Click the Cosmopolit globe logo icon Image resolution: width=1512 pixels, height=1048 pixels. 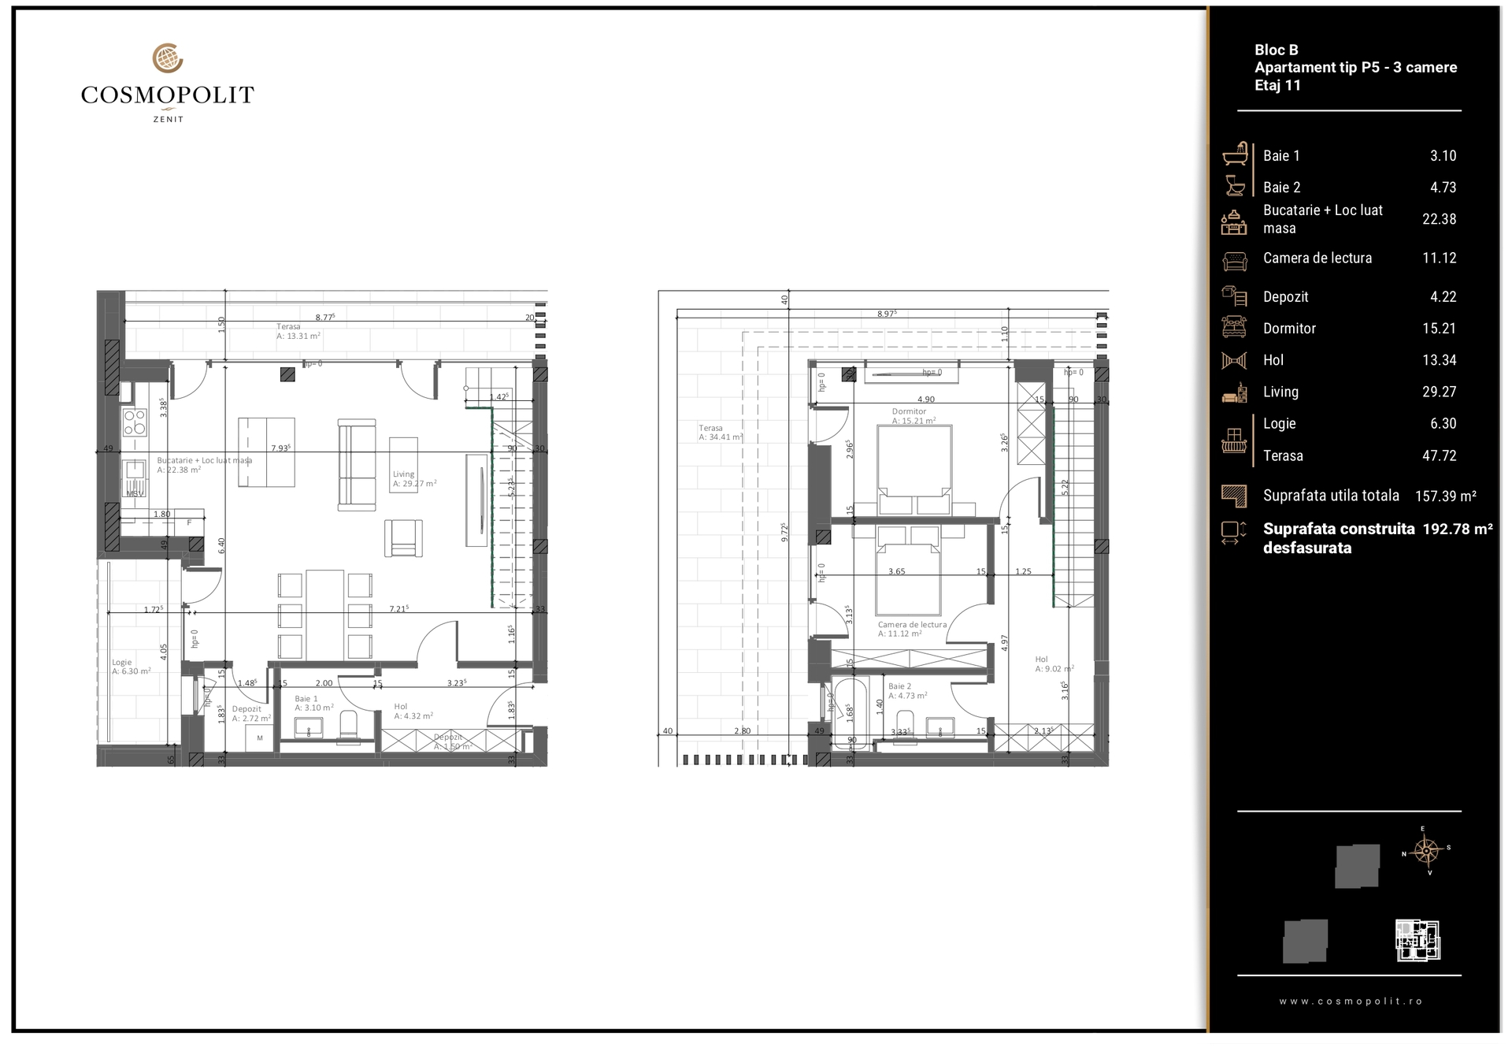point(167,58)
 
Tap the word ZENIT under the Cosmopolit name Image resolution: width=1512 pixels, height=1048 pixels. point(168,120)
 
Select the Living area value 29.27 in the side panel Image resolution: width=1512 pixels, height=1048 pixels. point(1439,392)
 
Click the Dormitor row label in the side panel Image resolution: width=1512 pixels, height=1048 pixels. point(1289,329)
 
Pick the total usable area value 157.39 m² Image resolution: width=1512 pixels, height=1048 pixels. point(1445,496)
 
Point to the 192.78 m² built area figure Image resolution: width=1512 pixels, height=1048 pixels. point(1457,529)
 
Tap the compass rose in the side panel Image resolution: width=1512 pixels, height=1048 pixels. point(1426,851)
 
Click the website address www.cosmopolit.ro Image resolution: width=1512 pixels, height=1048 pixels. point(1351,1002)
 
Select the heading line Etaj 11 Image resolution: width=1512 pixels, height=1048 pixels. point(1277,86)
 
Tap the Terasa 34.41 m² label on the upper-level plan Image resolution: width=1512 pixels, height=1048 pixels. point(720,433)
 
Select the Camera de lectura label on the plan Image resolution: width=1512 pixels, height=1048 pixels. point(912,628)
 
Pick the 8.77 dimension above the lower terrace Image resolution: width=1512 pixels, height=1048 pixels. point(324,317)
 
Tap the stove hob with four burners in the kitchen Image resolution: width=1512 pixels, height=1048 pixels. point(134,422)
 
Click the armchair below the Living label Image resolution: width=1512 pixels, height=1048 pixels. point(403,539)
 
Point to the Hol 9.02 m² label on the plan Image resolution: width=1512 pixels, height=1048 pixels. point(1054,664)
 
